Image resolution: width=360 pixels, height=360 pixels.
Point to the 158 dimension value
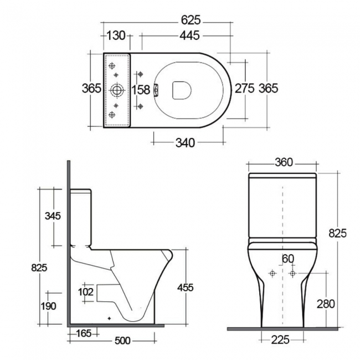pos(141,89)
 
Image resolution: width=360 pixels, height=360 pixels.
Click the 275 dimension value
pos(245,88)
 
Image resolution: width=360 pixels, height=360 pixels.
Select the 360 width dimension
pos(282,162)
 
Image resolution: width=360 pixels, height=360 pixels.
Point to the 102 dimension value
pos(85,292)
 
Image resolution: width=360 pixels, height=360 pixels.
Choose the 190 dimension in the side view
pos(49,306)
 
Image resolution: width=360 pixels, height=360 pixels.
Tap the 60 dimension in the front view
pos(287,259)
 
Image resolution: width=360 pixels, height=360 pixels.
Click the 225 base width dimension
pos(281,340)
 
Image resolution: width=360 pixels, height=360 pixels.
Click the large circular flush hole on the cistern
pos(117,89)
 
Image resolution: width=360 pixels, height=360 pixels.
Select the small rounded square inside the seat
pos(182,90)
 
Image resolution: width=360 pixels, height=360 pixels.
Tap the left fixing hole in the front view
pos(272,274)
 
